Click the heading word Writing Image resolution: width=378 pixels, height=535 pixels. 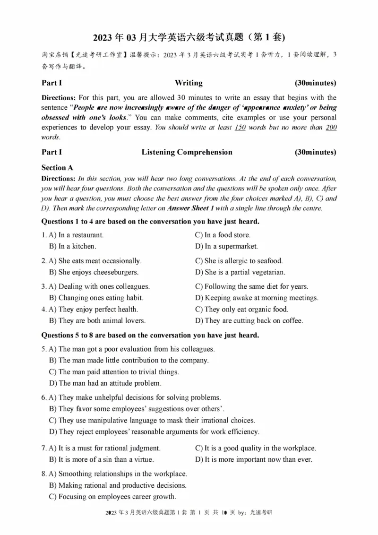[189, 83]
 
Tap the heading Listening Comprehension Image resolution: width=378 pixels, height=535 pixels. [187, 152]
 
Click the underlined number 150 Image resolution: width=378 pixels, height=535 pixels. [240, 128]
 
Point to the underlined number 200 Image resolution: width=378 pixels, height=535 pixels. [331, 128]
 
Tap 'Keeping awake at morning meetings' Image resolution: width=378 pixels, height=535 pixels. [257, 298]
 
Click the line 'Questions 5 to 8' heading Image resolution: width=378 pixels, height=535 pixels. [150, 336]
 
